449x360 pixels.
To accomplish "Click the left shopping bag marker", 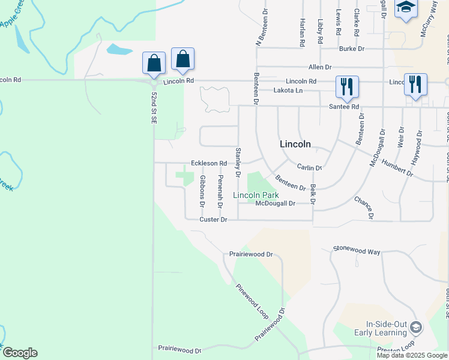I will pos(154,63).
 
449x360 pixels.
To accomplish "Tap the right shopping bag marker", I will pos(182,59).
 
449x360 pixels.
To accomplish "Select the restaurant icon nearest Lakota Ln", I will pos(347,86).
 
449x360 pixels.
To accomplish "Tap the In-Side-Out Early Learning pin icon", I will pos(415,328).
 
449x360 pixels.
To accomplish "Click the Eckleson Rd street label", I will pos(209,163).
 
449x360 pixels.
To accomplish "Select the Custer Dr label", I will pos(214,220).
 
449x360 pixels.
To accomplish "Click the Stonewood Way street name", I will pos(357,250).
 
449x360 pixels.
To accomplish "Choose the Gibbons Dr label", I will pos(203,191).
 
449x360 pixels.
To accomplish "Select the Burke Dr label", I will pos(351,49).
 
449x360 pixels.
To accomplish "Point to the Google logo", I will pos(20,353).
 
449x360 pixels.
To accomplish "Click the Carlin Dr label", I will pos(310,167).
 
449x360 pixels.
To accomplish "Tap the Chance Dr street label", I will pos(364,207).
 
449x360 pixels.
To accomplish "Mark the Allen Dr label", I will pos(320,67).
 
